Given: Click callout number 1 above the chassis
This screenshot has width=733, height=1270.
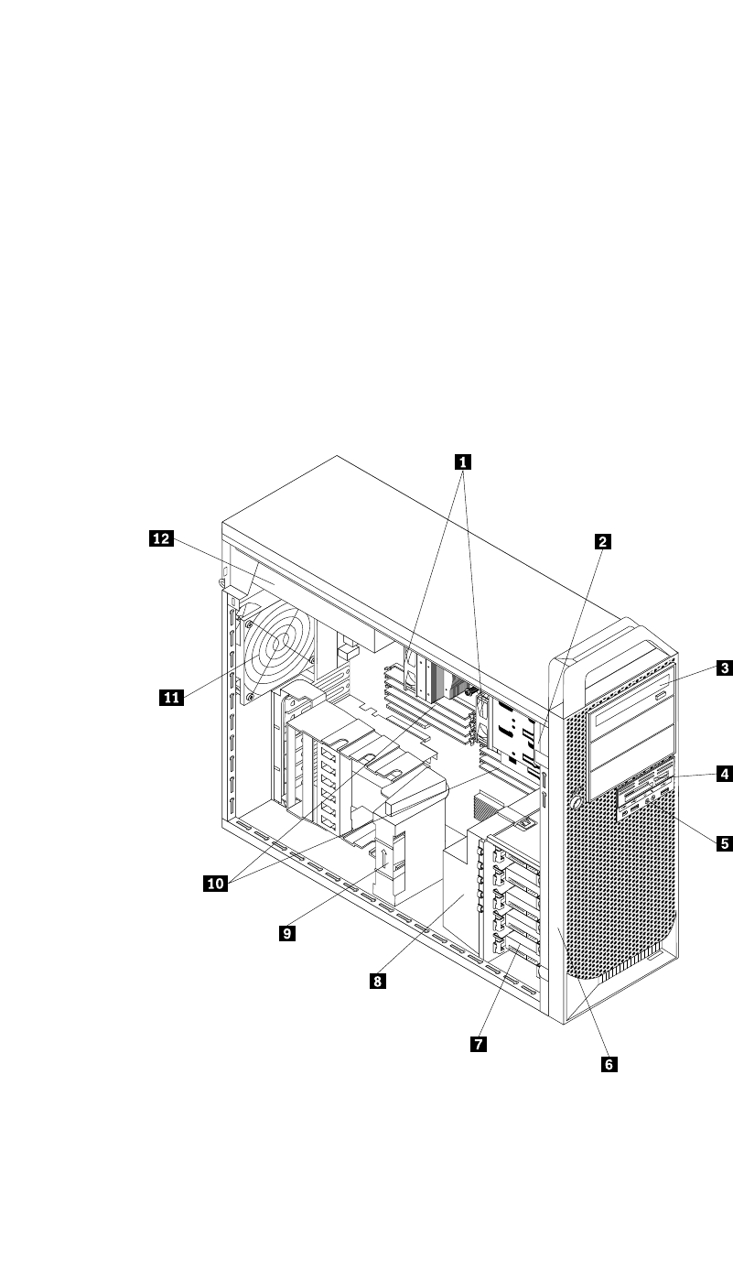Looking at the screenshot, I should tap(464, 461).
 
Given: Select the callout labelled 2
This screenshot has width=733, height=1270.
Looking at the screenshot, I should tap(602, 541).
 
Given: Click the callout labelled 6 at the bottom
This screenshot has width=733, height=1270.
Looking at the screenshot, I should tap(609, 1063).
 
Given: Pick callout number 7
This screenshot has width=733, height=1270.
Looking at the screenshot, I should tap(478, 1043).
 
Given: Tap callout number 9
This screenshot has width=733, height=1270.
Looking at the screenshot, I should tap(287, 933).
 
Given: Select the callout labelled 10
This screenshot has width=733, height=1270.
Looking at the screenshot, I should tap(216, 884).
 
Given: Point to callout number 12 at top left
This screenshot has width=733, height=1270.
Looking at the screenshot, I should tap(161, 539).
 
